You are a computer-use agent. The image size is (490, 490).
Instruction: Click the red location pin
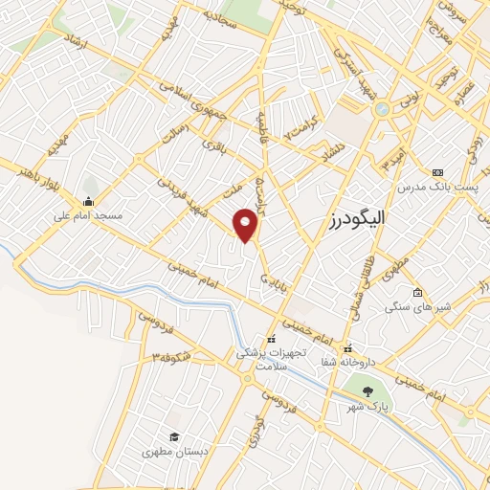247,225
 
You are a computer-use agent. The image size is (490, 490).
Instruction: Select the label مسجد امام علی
89,216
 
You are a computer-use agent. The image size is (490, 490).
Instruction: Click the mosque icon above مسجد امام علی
89,201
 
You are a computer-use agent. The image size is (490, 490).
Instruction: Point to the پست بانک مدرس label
439,184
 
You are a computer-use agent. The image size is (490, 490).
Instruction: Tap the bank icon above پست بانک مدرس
439,169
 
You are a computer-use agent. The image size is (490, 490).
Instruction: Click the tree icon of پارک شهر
367,391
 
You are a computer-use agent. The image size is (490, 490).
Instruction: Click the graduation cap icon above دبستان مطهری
173,436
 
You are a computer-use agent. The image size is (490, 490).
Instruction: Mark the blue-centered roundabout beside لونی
383,109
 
